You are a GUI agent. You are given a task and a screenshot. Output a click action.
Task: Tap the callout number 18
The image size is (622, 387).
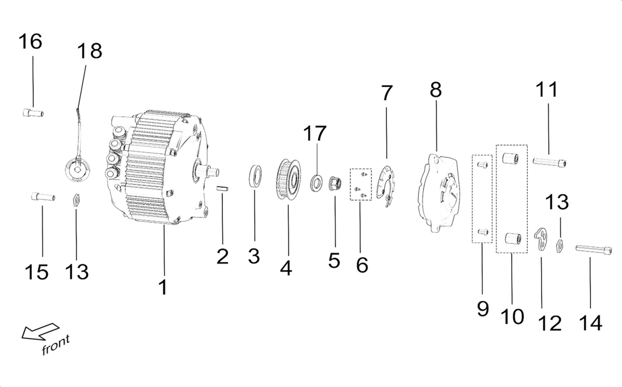[x=90, y=51]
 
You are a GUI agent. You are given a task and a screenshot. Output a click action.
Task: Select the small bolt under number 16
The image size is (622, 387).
[x=33, y=113]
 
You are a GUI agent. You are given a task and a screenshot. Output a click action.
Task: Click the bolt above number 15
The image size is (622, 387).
[x=43, y=196]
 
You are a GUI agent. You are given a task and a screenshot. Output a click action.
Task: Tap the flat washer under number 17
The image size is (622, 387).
[x=316, y=182]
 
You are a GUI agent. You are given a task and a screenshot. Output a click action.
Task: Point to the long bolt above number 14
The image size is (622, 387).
[x=593, y=250]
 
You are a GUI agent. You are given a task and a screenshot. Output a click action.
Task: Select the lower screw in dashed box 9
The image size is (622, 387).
[x=483, y=232]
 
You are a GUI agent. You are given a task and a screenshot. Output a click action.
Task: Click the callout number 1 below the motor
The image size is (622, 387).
[x=163, y=287]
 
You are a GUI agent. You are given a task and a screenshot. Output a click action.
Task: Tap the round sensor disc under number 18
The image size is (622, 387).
[x=77, y=169]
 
